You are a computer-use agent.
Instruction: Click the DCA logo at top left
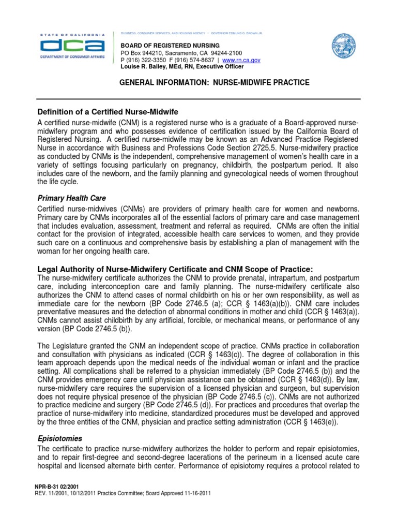(73, 47)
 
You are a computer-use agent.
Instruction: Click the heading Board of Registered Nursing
(163, 46)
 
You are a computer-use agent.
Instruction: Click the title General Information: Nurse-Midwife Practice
(215, 83)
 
